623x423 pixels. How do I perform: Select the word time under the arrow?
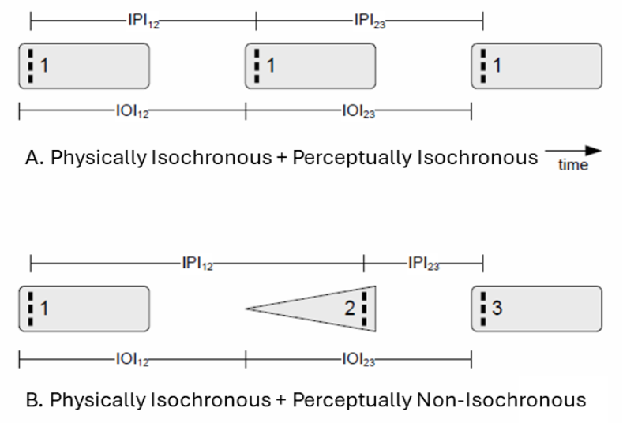(x=573, y=165)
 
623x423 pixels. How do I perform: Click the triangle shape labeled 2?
(x=332, y=309)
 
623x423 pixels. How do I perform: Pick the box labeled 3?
(x=537, y=309)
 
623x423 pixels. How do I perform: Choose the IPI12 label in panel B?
(x=197, y=262)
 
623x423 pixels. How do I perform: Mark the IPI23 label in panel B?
(x=423, y=262)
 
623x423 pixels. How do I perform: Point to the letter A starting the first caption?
(x=32, y=158)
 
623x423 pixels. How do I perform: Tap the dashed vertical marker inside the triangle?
(x=364, y=309)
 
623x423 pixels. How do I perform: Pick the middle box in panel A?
(x=310, y=66)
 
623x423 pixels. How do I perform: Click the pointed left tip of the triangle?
(x=248, y=309)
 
